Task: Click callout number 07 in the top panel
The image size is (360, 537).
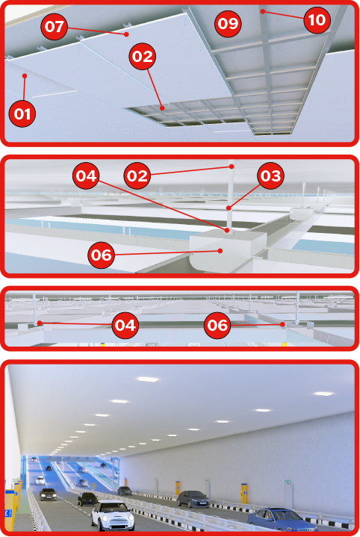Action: [54, 26]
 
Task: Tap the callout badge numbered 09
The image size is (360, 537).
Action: [228, 24]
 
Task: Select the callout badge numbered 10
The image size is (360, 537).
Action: [317, 20]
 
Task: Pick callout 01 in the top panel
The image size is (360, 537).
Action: [22, 114]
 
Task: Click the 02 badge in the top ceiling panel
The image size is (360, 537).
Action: [143, 57]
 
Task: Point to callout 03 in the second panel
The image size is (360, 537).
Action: [270, 176]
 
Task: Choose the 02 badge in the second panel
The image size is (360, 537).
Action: [137, 176]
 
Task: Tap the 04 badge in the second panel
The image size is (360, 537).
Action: [86, 176]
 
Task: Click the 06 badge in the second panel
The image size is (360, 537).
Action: [101, 255]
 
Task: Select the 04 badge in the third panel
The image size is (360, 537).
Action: [125, 326]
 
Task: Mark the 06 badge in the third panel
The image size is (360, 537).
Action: [217, 326]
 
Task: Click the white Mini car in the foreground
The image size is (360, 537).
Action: [112, 515]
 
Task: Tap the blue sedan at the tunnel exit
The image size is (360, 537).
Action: [282, 519]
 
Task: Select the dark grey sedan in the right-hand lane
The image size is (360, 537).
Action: [193, 499]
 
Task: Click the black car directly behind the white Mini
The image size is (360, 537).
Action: [87, 499]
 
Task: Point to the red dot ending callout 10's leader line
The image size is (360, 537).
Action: [262, 11]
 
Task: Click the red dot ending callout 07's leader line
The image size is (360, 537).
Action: [126, 34]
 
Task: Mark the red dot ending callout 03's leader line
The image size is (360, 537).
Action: [229, 208]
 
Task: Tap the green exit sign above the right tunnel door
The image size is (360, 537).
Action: [288, 482]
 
